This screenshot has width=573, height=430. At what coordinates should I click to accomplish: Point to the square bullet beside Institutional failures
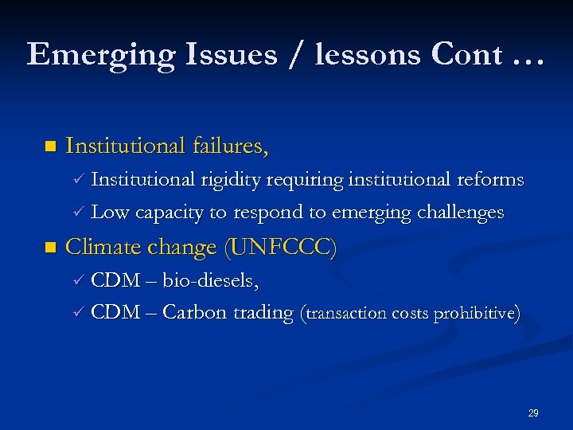[50, 147]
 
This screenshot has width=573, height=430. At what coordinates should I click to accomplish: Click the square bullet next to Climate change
[50, 248]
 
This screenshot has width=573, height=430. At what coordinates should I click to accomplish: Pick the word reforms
[490, 179]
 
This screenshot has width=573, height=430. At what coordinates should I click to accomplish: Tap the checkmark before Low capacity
[77, 213]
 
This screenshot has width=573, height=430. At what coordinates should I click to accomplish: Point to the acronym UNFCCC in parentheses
[282, 248]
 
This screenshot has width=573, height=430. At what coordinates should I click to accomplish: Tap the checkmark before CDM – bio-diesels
[77, 280]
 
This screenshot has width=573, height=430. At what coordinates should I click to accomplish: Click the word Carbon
[194, 313]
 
